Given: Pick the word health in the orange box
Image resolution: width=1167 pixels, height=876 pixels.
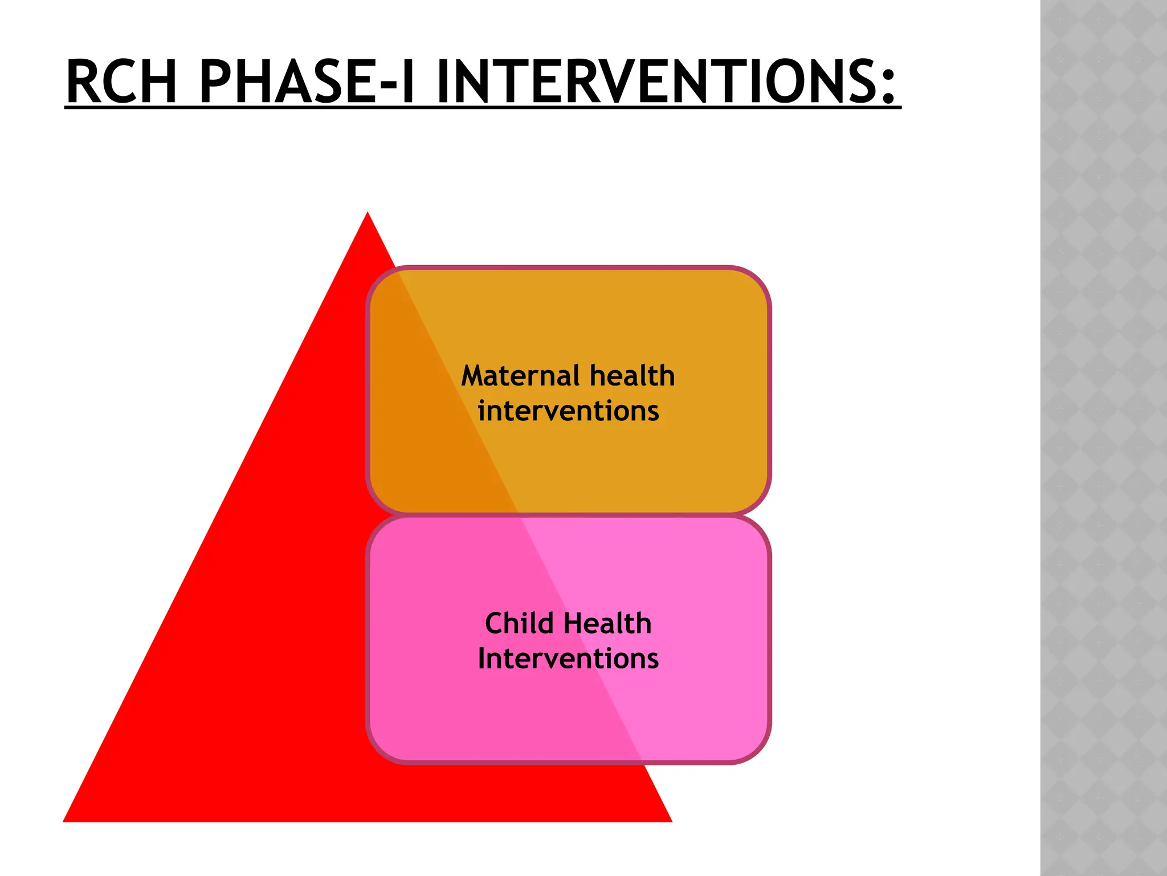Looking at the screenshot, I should pyautogui.click(x=632, y=376).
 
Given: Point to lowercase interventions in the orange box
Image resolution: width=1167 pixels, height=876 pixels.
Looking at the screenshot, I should pyautogui.click(x=568, y=411).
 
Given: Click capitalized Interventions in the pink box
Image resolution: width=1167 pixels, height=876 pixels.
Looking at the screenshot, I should pyautogui.click(x=568, y=659).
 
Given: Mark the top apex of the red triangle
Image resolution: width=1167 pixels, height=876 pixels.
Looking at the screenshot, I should pyautogui.click(x=368, y=214).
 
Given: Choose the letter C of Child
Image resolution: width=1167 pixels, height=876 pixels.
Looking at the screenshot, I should pyautogui.click(x=494, y=623).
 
